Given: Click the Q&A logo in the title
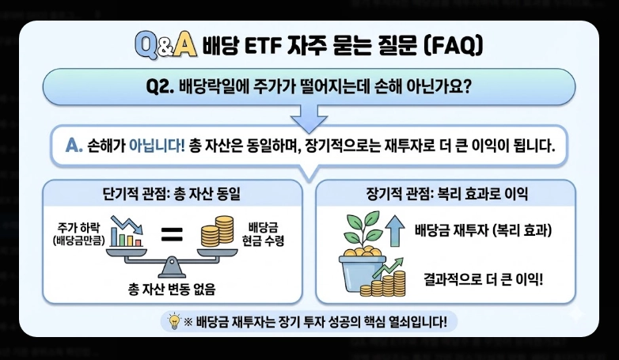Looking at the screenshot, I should (x=164, y=46).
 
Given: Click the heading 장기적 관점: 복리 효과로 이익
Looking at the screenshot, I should (x=447, y=193).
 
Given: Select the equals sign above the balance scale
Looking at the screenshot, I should (x=172, y=233).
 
